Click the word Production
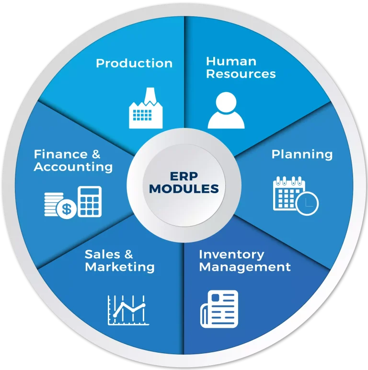(x=134, y=63)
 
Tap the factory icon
(x=146, y=108)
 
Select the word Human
(x=231, y=61)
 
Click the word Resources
(x=241, y=74)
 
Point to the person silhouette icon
(x=226, y=110)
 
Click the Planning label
(x=302, y=154)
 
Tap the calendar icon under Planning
(x=296, y=196)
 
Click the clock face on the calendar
(x=307, y=203)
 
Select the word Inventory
(x=231, y=255)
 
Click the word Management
(x=245, y=267)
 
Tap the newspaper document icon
(x=219, y=309)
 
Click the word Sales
(x=103, y=254)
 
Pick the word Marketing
(x=120, y=267)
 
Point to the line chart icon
(x=128, y=310)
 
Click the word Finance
(x=61, y=154)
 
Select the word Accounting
(x=73, y=167)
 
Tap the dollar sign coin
(x=67, y=208)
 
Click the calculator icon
(x=90, y=202)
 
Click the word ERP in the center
(x=184, y=176)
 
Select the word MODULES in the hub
(x=184, y=189)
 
